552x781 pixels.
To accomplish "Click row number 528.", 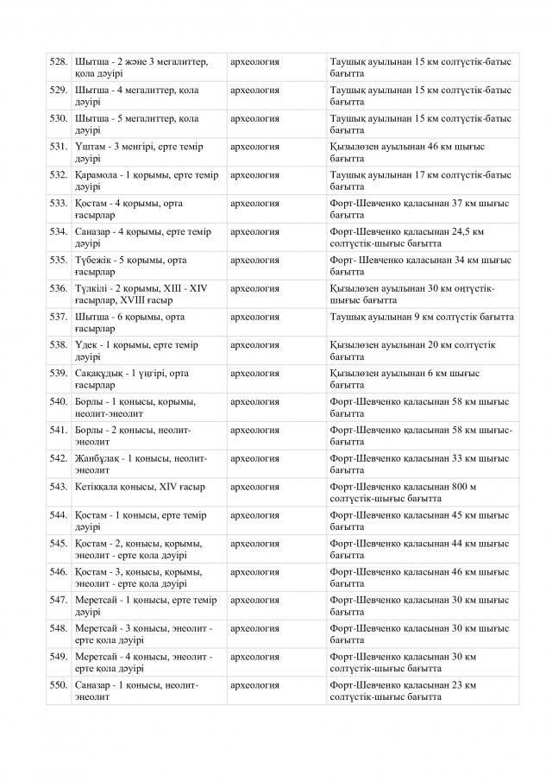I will pos(59,62).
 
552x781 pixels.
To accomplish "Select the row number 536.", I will pos(59,288).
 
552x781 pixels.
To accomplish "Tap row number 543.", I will pos(59,487).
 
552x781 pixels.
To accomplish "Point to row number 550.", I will pos(59,685).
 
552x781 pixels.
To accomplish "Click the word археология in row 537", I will pos(254,317).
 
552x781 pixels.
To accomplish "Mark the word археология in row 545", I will pos(254,544).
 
